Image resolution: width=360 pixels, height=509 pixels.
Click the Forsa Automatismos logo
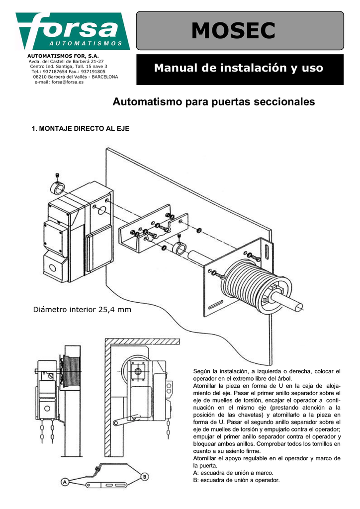[73, 31]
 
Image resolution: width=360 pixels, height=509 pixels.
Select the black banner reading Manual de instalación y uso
[239, 68]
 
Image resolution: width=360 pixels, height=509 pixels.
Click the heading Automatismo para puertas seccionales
[214, 102]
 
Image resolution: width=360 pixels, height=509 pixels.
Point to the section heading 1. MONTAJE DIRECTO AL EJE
[81, 129]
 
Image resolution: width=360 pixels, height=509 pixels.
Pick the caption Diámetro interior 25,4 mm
[82, 310]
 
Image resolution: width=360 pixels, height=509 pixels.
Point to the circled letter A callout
[65, 481]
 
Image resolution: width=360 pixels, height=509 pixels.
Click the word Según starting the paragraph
[201, 371]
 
